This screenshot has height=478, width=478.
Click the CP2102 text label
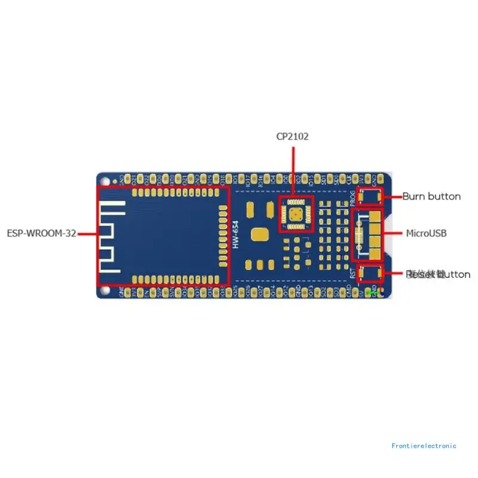point(292,137)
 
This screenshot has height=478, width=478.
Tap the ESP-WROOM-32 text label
point(41,234)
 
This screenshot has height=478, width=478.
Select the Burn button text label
point(431,196)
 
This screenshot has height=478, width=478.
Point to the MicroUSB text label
point(426,232)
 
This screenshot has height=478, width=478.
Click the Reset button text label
point(438,274)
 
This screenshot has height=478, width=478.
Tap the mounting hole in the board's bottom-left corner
point(105,290)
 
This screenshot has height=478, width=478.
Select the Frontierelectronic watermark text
point(424,446)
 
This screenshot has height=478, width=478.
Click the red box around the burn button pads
point(369,196)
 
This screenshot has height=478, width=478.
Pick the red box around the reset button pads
point(369,274)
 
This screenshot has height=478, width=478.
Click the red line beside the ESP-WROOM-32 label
point(87,234)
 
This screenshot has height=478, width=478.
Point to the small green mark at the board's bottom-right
point(374,292)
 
